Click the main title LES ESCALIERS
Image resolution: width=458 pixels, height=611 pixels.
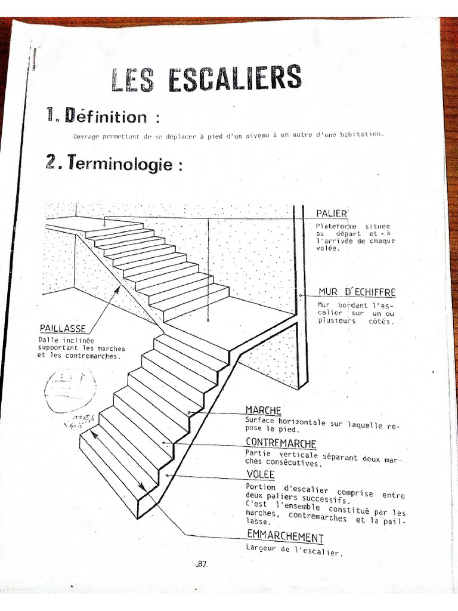206,79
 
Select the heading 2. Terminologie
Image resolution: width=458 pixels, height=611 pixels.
113,163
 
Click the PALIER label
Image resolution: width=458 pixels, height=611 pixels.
332,213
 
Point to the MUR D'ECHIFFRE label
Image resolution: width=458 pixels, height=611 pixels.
357,292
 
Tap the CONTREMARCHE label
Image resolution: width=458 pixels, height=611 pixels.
281,443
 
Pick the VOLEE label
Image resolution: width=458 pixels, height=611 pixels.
261,474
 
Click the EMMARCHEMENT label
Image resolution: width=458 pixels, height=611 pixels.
285,537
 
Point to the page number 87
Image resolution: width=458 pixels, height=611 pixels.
201,564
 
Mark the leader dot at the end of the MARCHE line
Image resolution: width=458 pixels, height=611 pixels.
189,412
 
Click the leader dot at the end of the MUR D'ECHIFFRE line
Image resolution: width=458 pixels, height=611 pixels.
302,295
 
